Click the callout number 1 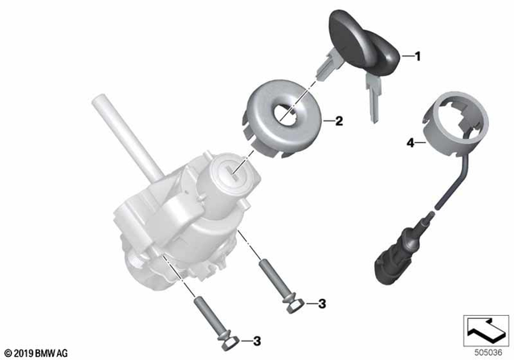coord(417,56)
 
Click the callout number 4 coord(410,144)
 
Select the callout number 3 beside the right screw coord(320,303)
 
